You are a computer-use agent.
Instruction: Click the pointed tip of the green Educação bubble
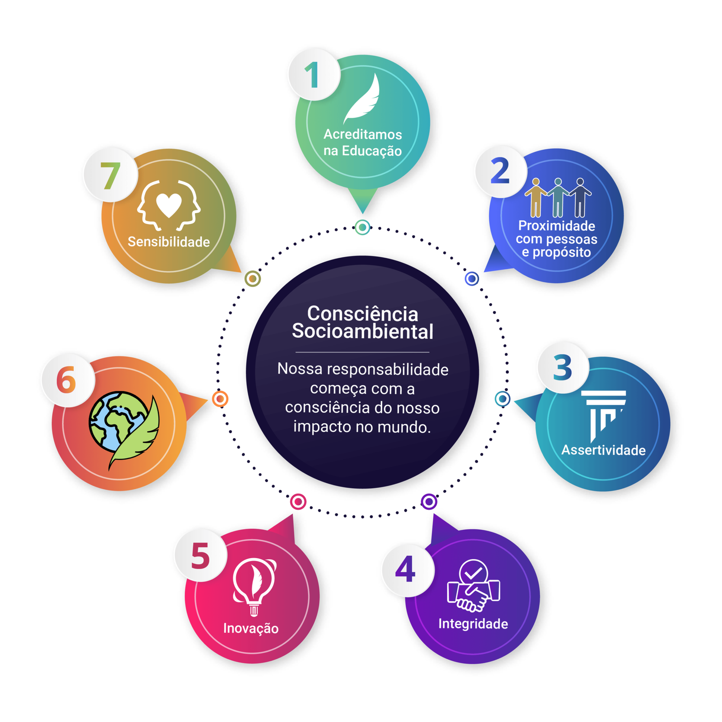363,213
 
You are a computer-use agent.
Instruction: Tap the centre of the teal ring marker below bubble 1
362,227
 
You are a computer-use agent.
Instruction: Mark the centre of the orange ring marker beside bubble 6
220,399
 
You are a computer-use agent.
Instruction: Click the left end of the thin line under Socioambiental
296,352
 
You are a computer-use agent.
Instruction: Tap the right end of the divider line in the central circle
429,352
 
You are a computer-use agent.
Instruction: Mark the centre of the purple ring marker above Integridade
429,501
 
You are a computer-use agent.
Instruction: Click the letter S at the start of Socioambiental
298,331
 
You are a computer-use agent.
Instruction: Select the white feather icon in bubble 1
361,99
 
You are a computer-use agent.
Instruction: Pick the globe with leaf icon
124,430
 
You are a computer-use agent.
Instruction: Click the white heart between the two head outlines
169,205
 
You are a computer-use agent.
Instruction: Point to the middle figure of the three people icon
558,198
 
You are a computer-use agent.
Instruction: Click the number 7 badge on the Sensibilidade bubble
111,175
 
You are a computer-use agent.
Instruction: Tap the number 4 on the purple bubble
405,569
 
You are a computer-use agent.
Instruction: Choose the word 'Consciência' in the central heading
363,314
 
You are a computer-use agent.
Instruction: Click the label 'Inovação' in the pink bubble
251,628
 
